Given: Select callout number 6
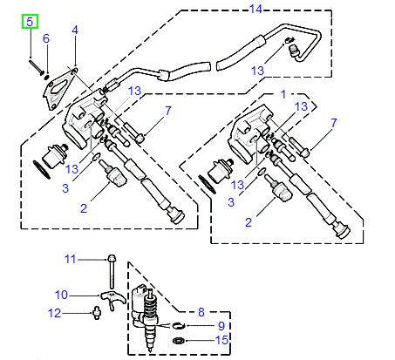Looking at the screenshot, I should pyautogui.click(x=46, y=38).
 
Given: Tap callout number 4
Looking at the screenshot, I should pyautogui.click(x=74, y=31).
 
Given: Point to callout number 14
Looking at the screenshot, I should pyautogui.click(x=255, y=10).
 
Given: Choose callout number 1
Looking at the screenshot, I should pyautogui.click(x=283, y=92).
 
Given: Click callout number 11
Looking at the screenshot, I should pyautogui.click(x=72, y=259).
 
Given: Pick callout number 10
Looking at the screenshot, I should pyautogui.click(x=62, y=294).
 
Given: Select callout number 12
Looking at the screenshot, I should pyautogui.click(x=55, y=313).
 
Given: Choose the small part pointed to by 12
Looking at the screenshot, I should pyautogui.click(x=93, y=312).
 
